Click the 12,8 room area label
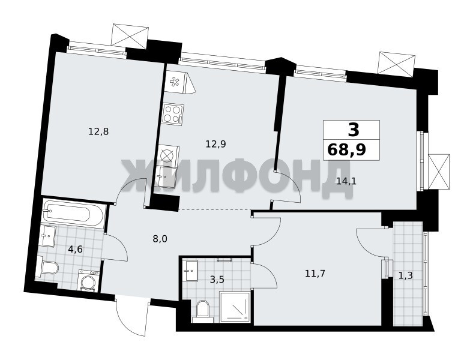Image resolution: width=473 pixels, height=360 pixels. (98, 132)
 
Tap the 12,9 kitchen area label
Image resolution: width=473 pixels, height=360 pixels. (215, 144)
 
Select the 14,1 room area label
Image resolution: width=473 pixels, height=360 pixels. (346, 181)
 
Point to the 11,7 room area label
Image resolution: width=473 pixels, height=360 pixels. (315, 274)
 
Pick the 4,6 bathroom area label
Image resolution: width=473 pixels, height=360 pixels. (75, 250)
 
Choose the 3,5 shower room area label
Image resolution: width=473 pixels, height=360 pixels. (217, 280)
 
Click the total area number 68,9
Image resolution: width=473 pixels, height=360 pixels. (346, 149)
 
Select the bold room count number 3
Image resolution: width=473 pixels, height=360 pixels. (354, 130)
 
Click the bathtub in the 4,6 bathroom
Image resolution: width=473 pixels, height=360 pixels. (73, 214)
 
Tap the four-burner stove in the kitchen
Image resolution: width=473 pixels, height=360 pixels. (173, 113)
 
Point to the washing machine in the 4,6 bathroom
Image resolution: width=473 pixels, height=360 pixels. (89, 280)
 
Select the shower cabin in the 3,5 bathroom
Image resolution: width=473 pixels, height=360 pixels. (235, 306)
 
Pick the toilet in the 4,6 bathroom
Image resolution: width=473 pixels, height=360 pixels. (47, 267)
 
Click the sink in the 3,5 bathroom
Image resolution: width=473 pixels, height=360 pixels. (191, 271)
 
